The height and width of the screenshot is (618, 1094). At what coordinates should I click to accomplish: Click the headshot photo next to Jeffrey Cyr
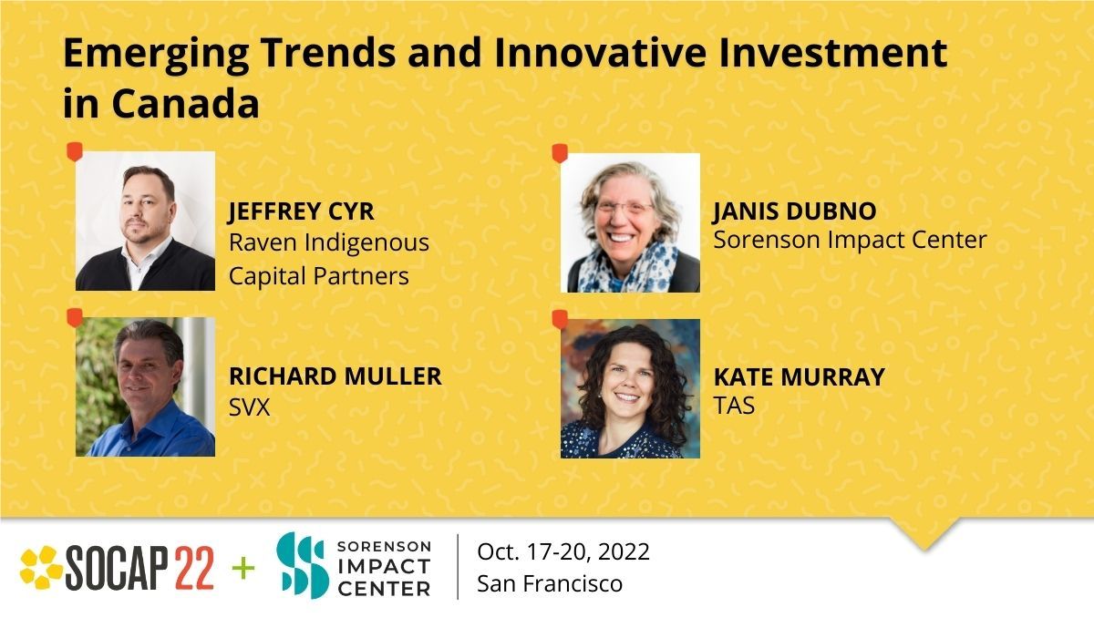click(x=145, y=221)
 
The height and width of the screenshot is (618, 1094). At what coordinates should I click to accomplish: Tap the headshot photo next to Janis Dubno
click(x=630, y=222)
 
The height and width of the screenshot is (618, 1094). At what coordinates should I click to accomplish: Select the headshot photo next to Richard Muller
click(x=145, y=386)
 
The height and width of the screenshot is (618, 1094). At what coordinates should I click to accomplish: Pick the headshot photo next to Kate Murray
click(x=630, y=388)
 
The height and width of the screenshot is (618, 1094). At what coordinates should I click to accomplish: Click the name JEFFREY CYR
click(x=301, y=212)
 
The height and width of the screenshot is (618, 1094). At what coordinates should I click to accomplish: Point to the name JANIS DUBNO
click(x=794, y=211)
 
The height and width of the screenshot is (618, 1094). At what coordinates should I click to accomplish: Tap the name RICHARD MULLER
click(x=335, y=376)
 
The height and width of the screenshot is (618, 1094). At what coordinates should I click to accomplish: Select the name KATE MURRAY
click(x=799, y=376)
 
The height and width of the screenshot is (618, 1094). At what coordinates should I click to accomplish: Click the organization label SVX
click(x=249, y=407)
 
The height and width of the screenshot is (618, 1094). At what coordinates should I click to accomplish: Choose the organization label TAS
click(x=734, y=406)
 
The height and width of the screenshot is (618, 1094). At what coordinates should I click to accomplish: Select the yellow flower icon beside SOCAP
click(x=41, y=567)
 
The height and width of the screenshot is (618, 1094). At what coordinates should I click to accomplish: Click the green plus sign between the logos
click(x=243, y=568)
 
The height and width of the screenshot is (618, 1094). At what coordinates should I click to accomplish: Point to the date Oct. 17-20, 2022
click(x=563, y=551)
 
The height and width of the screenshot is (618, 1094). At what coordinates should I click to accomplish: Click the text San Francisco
click(x=550, y=583)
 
